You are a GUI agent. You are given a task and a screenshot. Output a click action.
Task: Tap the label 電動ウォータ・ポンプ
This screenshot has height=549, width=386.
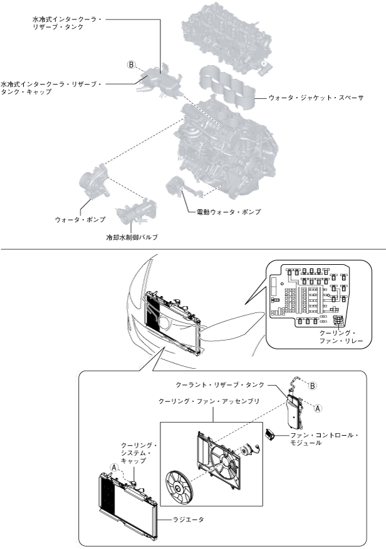pos(224,212)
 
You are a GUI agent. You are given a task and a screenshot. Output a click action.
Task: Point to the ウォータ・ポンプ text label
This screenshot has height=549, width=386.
pos(80,220)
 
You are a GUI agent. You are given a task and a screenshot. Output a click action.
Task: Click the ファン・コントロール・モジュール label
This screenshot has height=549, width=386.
pos(322,439)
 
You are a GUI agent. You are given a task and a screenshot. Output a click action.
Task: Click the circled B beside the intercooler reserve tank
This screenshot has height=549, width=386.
pos(132,64)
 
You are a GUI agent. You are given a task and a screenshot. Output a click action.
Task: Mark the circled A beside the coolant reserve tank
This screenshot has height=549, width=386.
pos(318,408)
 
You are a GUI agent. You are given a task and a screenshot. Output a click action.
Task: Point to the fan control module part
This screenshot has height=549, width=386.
pos(273,433)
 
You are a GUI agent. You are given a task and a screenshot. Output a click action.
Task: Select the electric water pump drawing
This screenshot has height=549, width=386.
pos(174,188)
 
